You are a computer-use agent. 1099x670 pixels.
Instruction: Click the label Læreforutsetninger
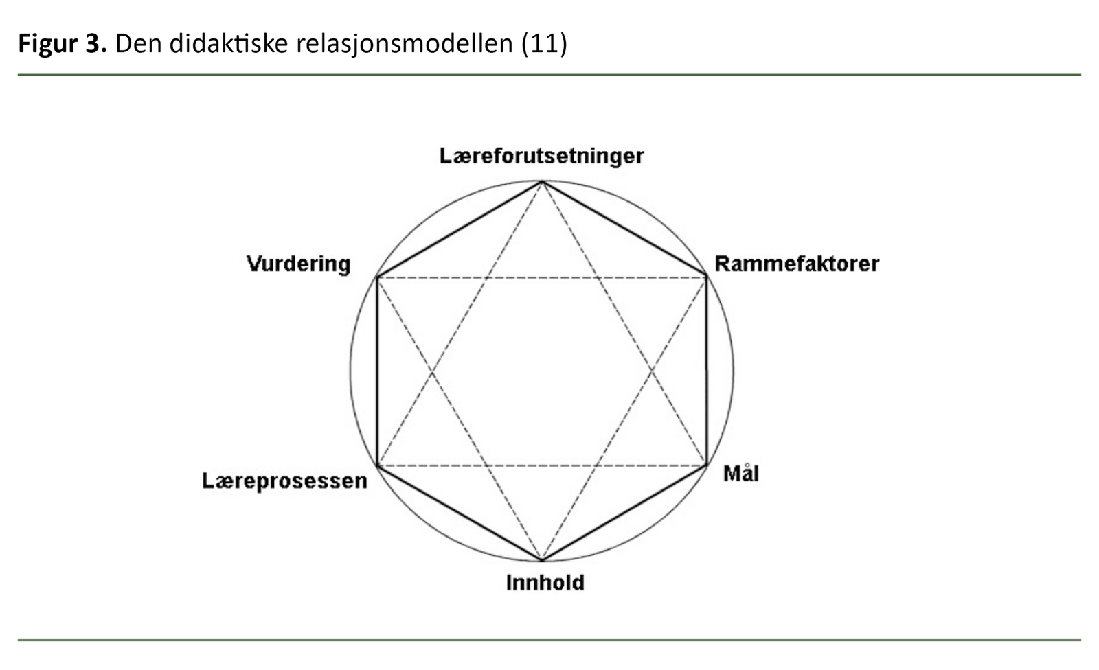(541, 156)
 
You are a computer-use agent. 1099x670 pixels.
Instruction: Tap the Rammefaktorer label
(796, 264)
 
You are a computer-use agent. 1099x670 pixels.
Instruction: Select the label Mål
(740, 474)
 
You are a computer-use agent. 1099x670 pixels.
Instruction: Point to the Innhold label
(545, 582)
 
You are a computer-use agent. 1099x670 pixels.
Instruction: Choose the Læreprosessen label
(284, 481)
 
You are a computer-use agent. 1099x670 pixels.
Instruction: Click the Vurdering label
(298, 264)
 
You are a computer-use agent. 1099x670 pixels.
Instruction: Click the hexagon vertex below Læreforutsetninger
(542, 181)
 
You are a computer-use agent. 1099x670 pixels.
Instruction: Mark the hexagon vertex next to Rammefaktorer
(706, 277)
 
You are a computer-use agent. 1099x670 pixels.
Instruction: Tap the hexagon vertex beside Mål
(706, 466)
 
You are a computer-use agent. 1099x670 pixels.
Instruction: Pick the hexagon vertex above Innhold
(542, 560)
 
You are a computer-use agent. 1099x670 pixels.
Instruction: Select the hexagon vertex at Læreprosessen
(377, 466)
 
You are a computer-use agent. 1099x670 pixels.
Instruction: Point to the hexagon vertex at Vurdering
(377, 277)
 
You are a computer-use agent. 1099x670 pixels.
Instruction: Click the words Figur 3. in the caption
(62, 43)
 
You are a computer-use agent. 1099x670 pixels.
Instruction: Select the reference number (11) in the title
(544, 43)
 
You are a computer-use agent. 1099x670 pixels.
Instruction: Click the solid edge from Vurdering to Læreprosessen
(377, 371)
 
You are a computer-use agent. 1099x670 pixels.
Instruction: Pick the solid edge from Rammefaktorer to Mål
(706, 371)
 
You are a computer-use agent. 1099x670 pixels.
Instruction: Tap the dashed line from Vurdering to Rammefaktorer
(542, 277)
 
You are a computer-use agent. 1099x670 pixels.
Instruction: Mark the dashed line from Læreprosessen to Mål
(542, 466)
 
